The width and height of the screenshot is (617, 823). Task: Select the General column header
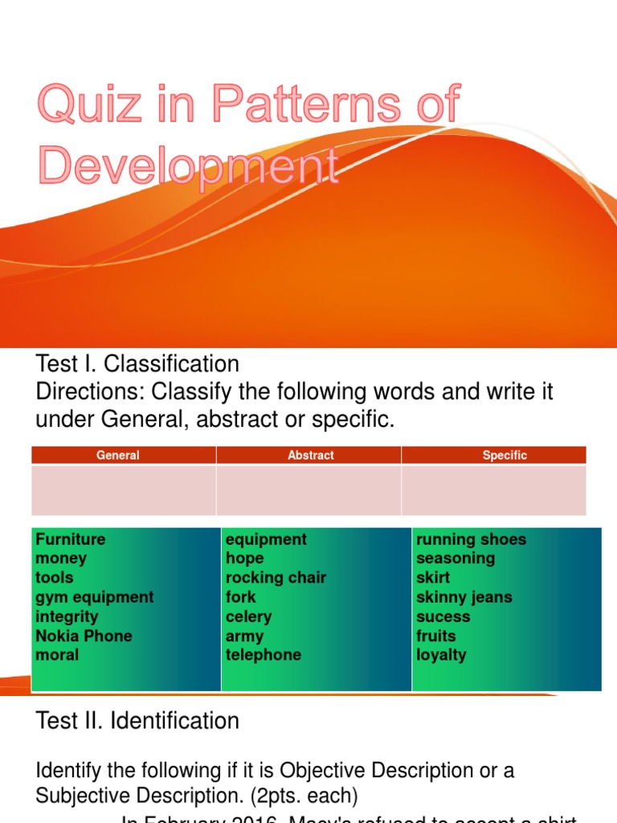click(x=118, y=456)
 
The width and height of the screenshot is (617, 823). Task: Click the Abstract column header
click(x=310, y=456)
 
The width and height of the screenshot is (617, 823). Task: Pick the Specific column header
click(x=505, y=456)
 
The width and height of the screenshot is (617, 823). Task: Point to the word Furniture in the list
click(x=71, y=539)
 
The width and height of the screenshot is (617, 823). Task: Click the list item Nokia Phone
click(x=84, y=636)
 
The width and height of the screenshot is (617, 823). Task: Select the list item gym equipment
click(x=94, y=597)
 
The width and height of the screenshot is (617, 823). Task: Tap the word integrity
click(x=67, y=616)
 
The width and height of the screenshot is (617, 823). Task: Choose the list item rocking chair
click(x=276, y=578)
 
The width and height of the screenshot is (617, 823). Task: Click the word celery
click(x=248, y=616)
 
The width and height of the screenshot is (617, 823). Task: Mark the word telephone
click(x=264, y=655)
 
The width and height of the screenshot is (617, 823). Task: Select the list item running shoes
click(x=472, y=539)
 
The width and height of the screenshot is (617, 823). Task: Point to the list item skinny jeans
click(x=464, y=597)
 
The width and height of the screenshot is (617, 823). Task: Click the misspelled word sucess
click(x=443, y=616)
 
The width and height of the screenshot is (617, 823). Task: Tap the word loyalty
click(x=441, y=655)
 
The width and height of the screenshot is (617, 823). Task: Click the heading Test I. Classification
click(x=137, y=364)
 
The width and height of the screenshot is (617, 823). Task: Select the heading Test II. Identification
click(x=137, y=721)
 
